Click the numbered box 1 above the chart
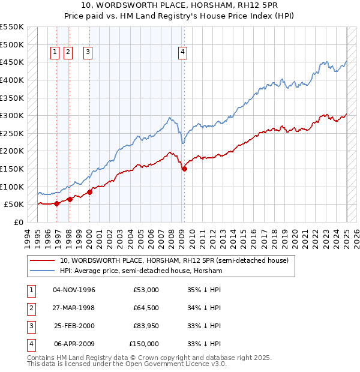55,52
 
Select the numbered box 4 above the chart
182,52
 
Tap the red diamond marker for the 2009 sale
184,169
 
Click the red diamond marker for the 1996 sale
56,203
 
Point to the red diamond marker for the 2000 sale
89,192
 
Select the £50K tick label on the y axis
14,205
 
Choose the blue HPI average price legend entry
141,271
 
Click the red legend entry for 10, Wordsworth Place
174,260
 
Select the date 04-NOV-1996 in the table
74,290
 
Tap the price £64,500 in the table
145,308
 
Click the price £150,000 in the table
144,344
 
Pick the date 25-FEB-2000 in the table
74,326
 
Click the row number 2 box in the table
30,308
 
